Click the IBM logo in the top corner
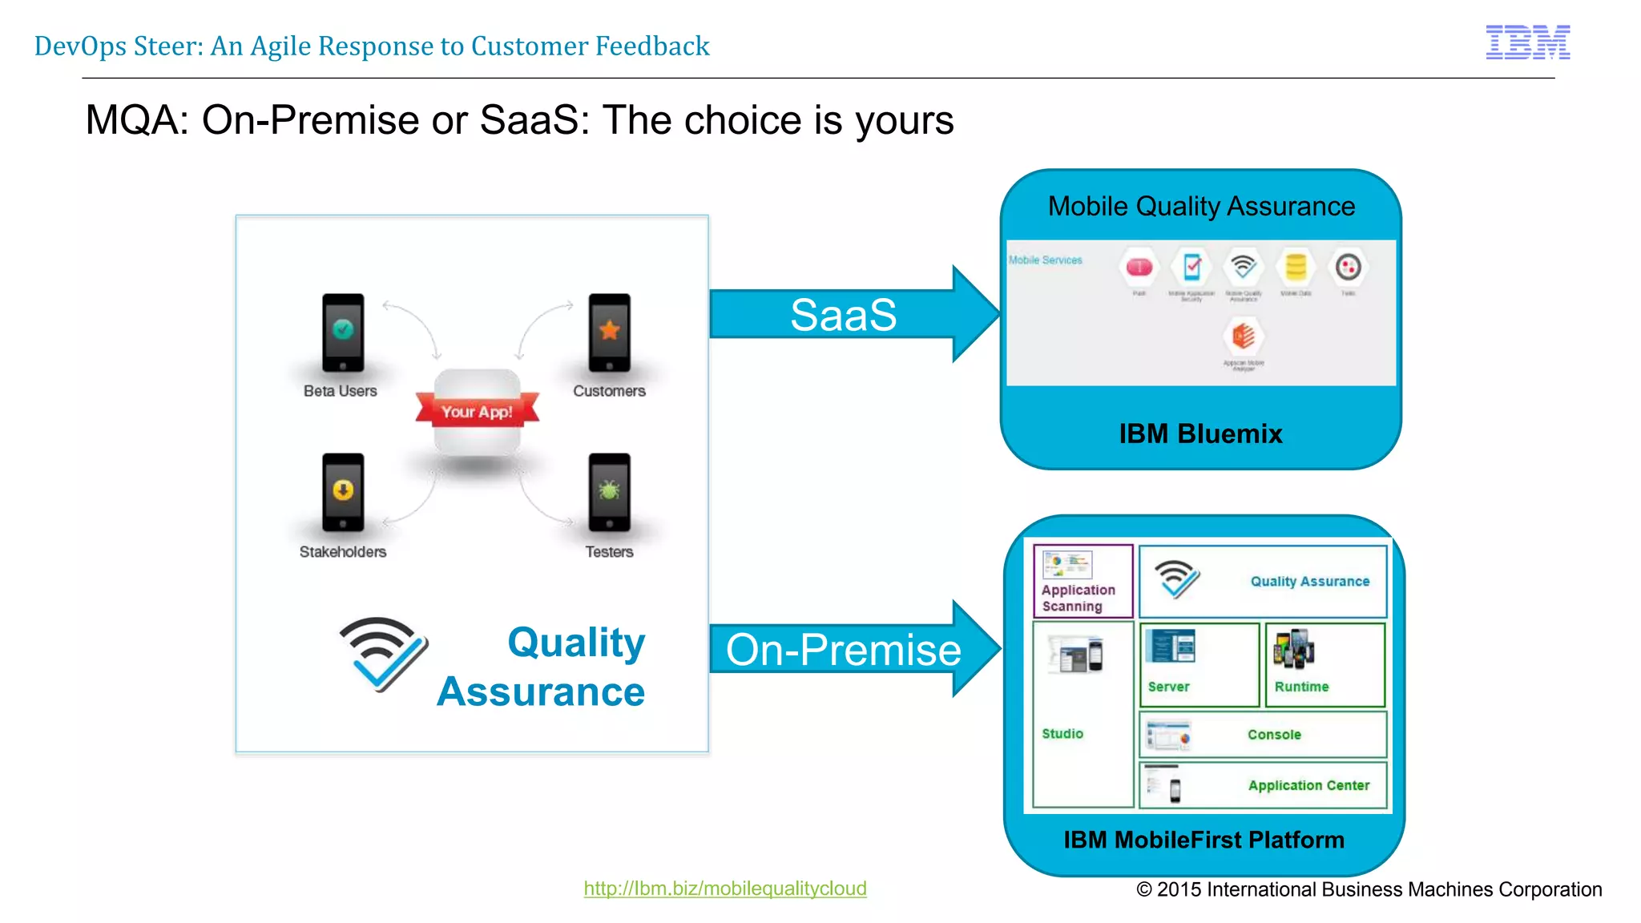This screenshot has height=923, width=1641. [1527, 42]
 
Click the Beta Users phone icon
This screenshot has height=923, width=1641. [343, 333]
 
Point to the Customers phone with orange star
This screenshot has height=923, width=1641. [609, 333]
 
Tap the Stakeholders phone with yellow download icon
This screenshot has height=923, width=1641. [343, 492]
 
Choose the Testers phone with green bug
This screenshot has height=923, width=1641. [609, 492]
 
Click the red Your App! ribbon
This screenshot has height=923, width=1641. [477, 411]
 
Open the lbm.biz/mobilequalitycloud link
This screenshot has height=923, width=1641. [725, 888]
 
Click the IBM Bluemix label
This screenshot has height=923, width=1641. [1200, 433]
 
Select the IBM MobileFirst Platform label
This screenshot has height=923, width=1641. [1204, 840]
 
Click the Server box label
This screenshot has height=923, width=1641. [1168, 687]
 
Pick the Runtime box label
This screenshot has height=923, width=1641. [1301, 687]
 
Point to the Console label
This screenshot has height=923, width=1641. [1274, 735]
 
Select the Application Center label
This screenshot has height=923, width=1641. [1308, 785]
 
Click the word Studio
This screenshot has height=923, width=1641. [1062, 733]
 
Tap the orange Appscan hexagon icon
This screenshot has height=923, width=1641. [1243, 335]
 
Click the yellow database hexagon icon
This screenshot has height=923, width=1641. [1296, 267]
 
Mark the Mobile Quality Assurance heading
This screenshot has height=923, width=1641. [1201, 207]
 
